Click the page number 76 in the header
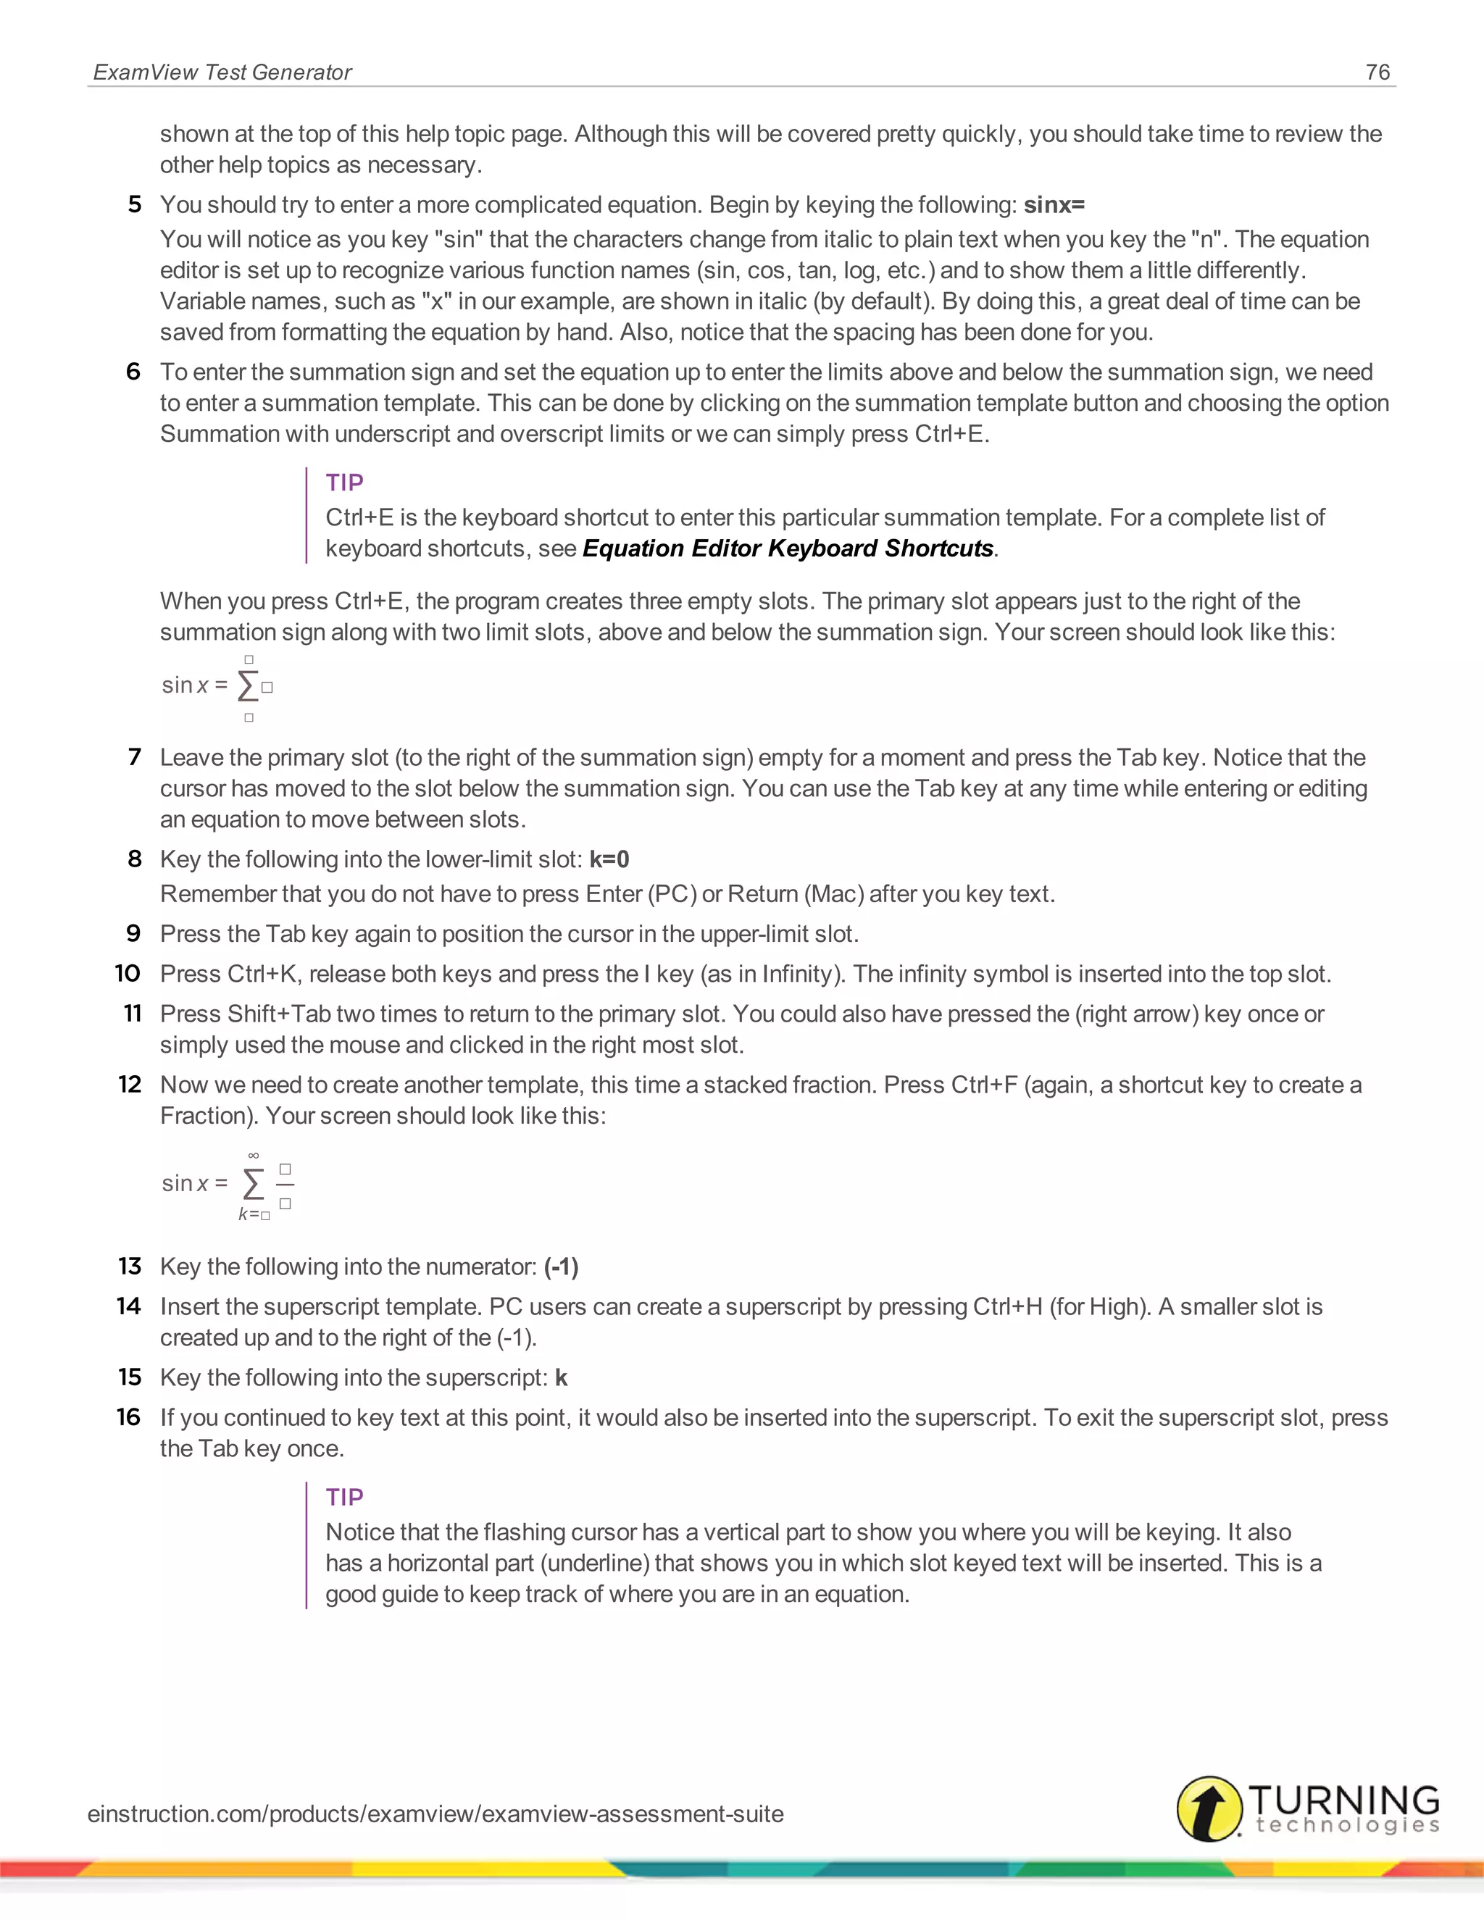[x=1377, y=72]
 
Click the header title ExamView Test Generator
[x=222, y=72]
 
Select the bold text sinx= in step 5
[x=1054, y=205]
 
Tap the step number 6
[x=133, y=372]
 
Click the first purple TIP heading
[x=343, y=483]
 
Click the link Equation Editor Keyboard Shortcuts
[x=788, y=548]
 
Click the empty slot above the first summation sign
[x=249, y=659]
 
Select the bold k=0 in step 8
[x=609, y=859]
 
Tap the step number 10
[x=128, y=974]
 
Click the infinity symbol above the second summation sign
[x=253, y=1155]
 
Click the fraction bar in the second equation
[x=285, y=1186]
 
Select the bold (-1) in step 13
[x=561, y=1266]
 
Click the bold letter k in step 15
[x=561, y=1377]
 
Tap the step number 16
[x=129, y=1417]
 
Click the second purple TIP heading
[x=343, y=1497]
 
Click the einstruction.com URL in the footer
[x=435, y=1813]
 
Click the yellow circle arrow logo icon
[x=1209, y=1808]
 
